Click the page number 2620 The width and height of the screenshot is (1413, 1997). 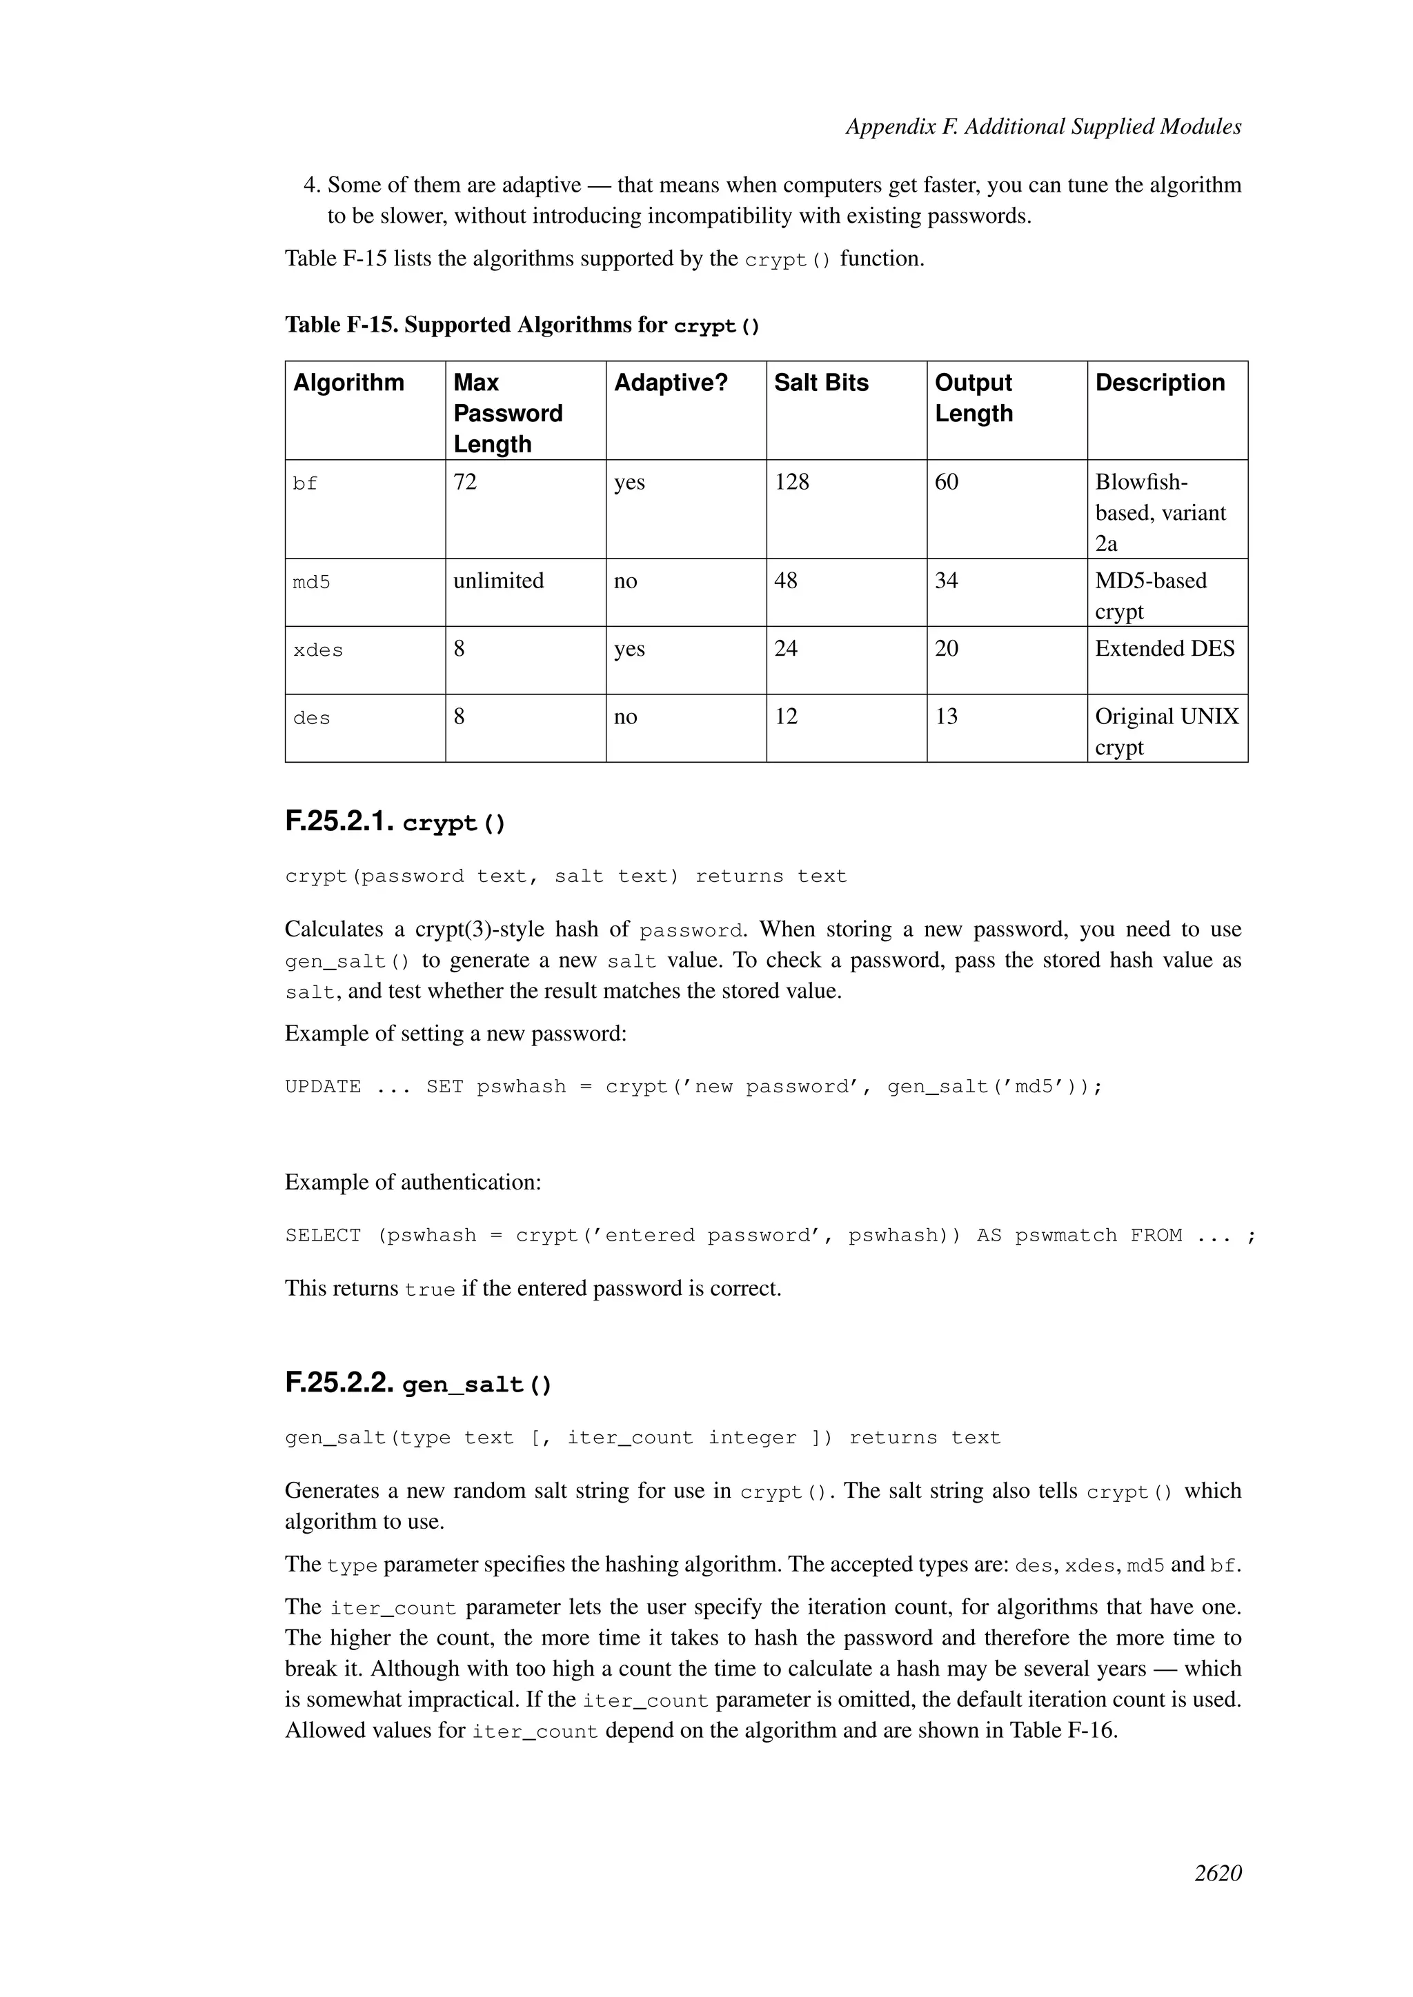pos(1217,1898)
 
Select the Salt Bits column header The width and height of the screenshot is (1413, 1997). pos(820,383)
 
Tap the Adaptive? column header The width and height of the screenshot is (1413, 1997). pos(670,383)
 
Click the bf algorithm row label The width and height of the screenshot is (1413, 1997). pos(306,483)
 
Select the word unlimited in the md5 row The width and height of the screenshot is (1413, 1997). pos(499,581)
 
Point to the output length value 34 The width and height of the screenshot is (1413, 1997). pos(946,581)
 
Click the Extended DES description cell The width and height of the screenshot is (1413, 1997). pos(1164,649)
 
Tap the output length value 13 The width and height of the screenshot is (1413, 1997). pos(946,716)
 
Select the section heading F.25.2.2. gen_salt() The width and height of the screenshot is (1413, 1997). pos(417,1384)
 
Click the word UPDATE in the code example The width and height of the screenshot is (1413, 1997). pos(323,1087)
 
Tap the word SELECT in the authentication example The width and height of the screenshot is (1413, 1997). pos(323,1236)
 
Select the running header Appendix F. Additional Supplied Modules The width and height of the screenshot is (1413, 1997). pos(1043,127)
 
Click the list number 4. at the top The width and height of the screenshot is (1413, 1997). pos(311,185)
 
